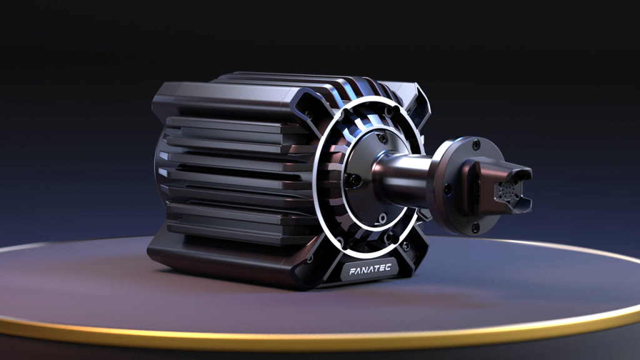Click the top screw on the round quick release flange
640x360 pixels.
coord(476,144)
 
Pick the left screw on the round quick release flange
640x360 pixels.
coord(447,188)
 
